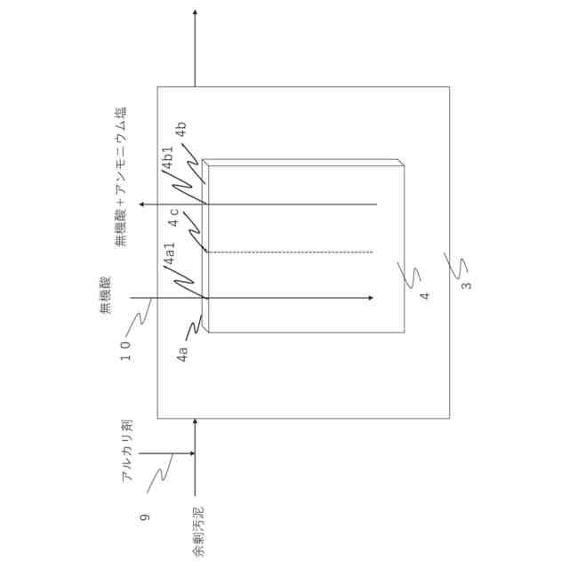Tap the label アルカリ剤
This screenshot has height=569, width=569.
127,450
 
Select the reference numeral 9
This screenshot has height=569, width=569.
145,516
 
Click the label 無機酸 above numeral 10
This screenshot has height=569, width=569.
105,295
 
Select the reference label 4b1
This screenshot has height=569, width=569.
168,163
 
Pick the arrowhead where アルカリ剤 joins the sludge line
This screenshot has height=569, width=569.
189,454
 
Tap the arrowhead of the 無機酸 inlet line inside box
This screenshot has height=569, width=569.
368,298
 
